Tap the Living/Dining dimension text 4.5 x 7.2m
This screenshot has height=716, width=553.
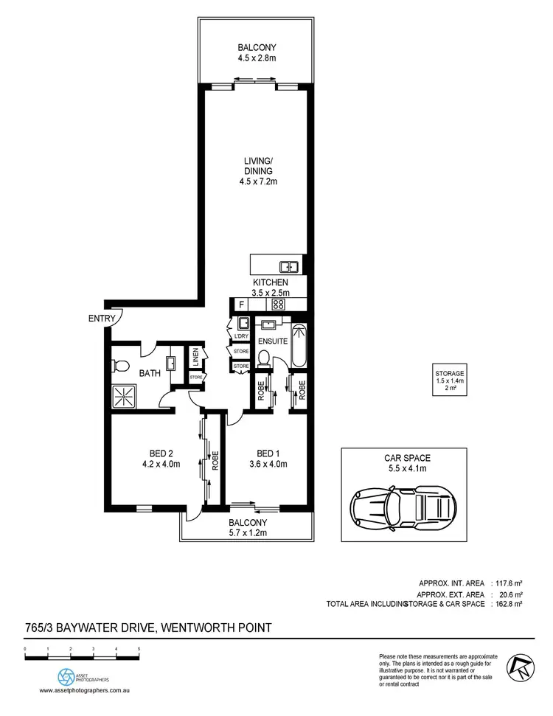coord(254,181)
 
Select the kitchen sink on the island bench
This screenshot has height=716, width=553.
coord(288,266)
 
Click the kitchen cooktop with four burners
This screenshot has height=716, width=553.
coord(279,304)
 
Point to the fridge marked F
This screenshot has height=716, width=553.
coord(240,304)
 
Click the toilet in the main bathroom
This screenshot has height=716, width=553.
coord(122,364)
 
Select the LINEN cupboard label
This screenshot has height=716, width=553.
coord(196,358)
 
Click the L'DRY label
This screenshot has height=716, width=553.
coord(240,337)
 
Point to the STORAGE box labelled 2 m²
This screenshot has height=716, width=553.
coord(449,384)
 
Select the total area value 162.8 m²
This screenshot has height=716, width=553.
coord(509,604)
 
